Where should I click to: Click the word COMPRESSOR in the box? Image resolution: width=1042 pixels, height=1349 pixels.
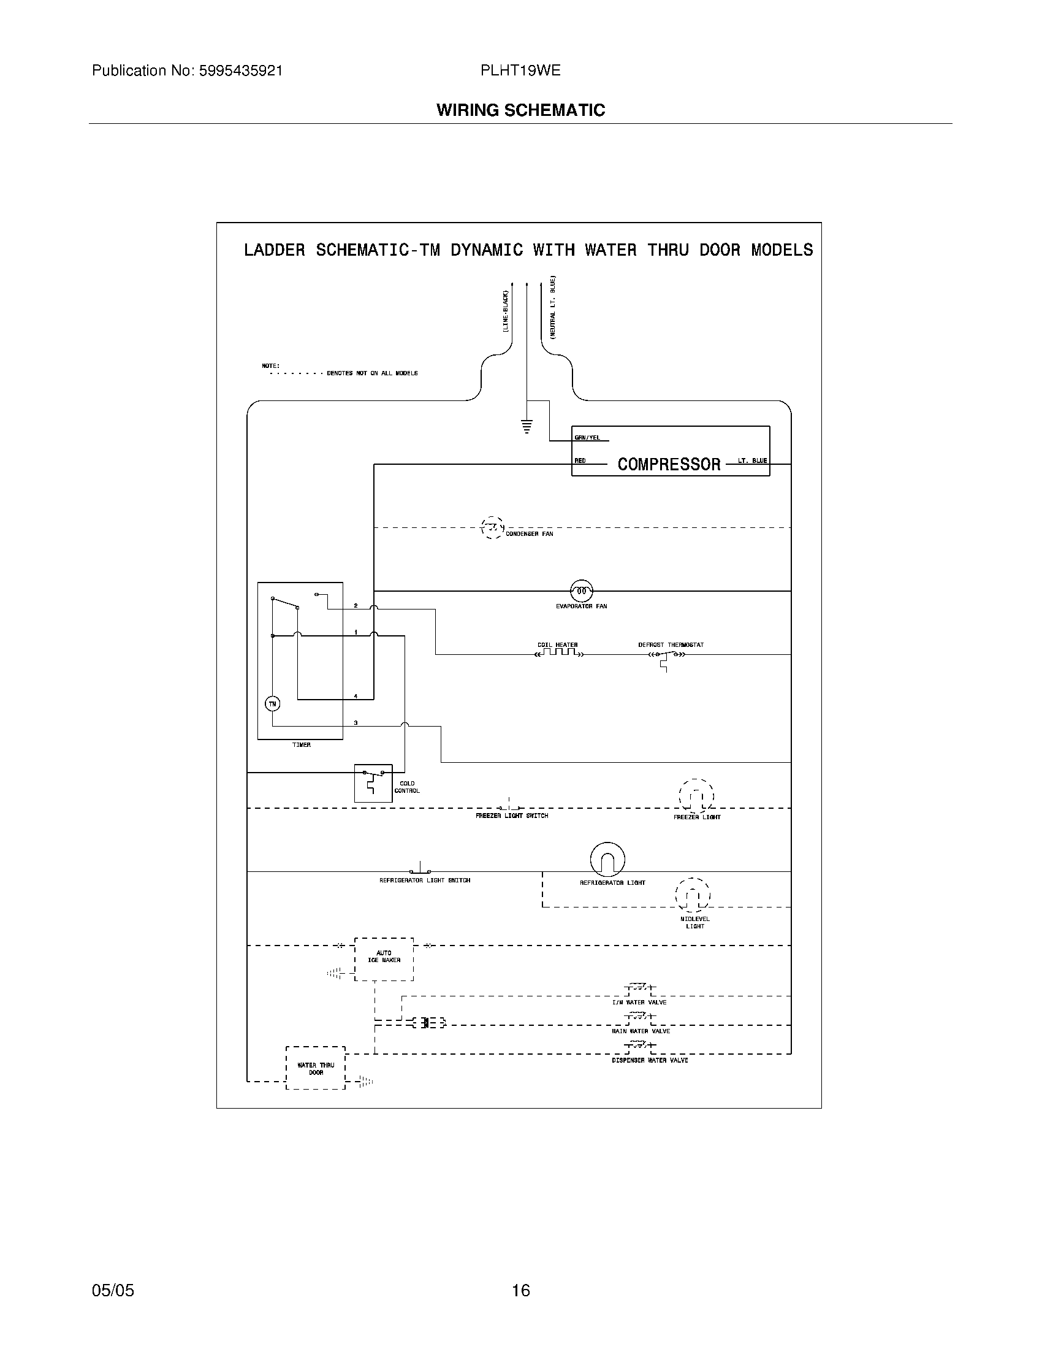coord(669,465)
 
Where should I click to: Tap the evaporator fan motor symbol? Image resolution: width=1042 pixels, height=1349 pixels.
coord(581,591)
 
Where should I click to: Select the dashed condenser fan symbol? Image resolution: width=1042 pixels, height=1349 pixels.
coord(492,527)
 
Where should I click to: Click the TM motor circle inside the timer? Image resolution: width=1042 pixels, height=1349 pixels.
coord(272,703)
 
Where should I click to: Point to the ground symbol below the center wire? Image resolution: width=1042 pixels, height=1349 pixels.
coord(527,426)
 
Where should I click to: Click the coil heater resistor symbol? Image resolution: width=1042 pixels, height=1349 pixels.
coord(558,652)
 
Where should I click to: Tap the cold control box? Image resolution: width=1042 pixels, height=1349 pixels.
coord(373,782)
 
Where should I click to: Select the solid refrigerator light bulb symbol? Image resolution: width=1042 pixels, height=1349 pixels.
coord(607,859)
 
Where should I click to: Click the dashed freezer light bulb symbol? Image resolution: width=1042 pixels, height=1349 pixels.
coord(696,796)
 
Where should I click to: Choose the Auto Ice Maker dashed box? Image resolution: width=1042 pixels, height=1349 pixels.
coord(384,959)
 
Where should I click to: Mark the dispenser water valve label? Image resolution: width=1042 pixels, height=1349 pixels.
coord(649,1061)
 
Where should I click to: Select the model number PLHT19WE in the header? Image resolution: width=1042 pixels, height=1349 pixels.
coord(520,71)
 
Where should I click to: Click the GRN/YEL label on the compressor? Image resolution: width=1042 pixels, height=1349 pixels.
coord(587,438)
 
